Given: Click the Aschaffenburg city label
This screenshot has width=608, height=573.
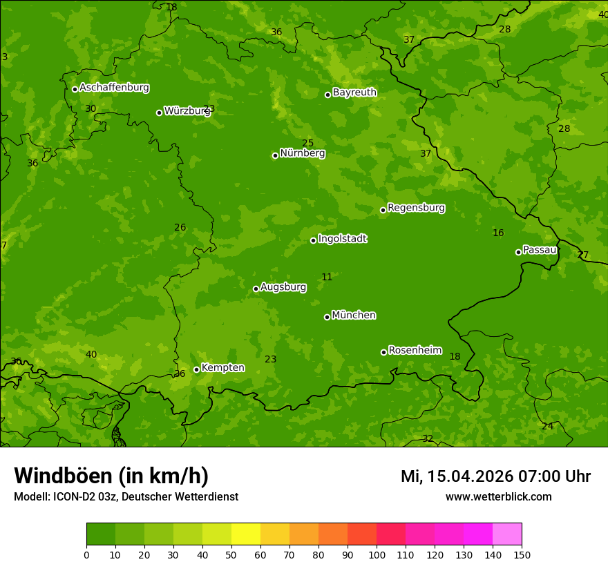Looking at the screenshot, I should coord(114,88).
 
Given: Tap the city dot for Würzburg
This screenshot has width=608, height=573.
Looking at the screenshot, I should coord(159,113).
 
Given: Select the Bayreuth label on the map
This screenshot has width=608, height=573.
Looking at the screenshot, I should coord(354,93).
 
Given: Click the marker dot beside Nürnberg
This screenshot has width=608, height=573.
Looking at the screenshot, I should coord(275,155).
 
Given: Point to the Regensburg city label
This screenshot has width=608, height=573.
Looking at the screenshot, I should coord(416,208).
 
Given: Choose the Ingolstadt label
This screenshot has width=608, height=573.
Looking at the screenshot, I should coord(342,239).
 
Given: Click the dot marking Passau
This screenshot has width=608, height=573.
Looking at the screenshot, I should coord(518,252).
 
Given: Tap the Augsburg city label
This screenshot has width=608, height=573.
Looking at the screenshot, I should coord(283,287).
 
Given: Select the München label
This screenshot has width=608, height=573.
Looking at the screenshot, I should coord(354,315).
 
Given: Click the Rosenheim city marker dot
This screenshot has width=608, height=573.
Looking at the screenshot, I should coord(383,352).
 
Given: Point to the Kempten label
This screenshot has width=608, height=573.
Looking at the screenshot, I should coord(222,368).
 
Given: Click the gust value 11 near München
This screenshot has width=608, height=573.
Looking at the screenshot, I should coord(327,278).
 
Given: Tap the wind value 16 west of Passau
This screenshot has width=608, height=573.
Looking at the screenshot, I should coord(498,233).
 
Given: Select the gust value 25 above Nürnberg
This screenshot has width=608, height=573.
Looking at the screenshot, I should coord(307,144).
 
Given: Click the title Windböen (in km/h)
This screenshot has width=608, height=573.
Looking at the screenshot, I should coord(111,476).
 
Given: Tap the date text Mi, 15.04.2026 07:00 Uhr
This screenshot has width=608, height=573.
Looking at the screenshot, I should coord(495,476).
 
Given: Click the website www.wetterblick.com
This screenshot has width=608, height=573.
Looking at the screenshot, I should coord(498,497).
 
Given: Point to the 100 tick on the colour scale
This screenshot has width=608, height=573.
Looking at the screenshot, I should coord(377,554).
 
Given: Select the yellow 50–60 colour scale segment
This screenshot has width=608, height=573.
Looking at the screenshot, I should coord(246,534).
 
